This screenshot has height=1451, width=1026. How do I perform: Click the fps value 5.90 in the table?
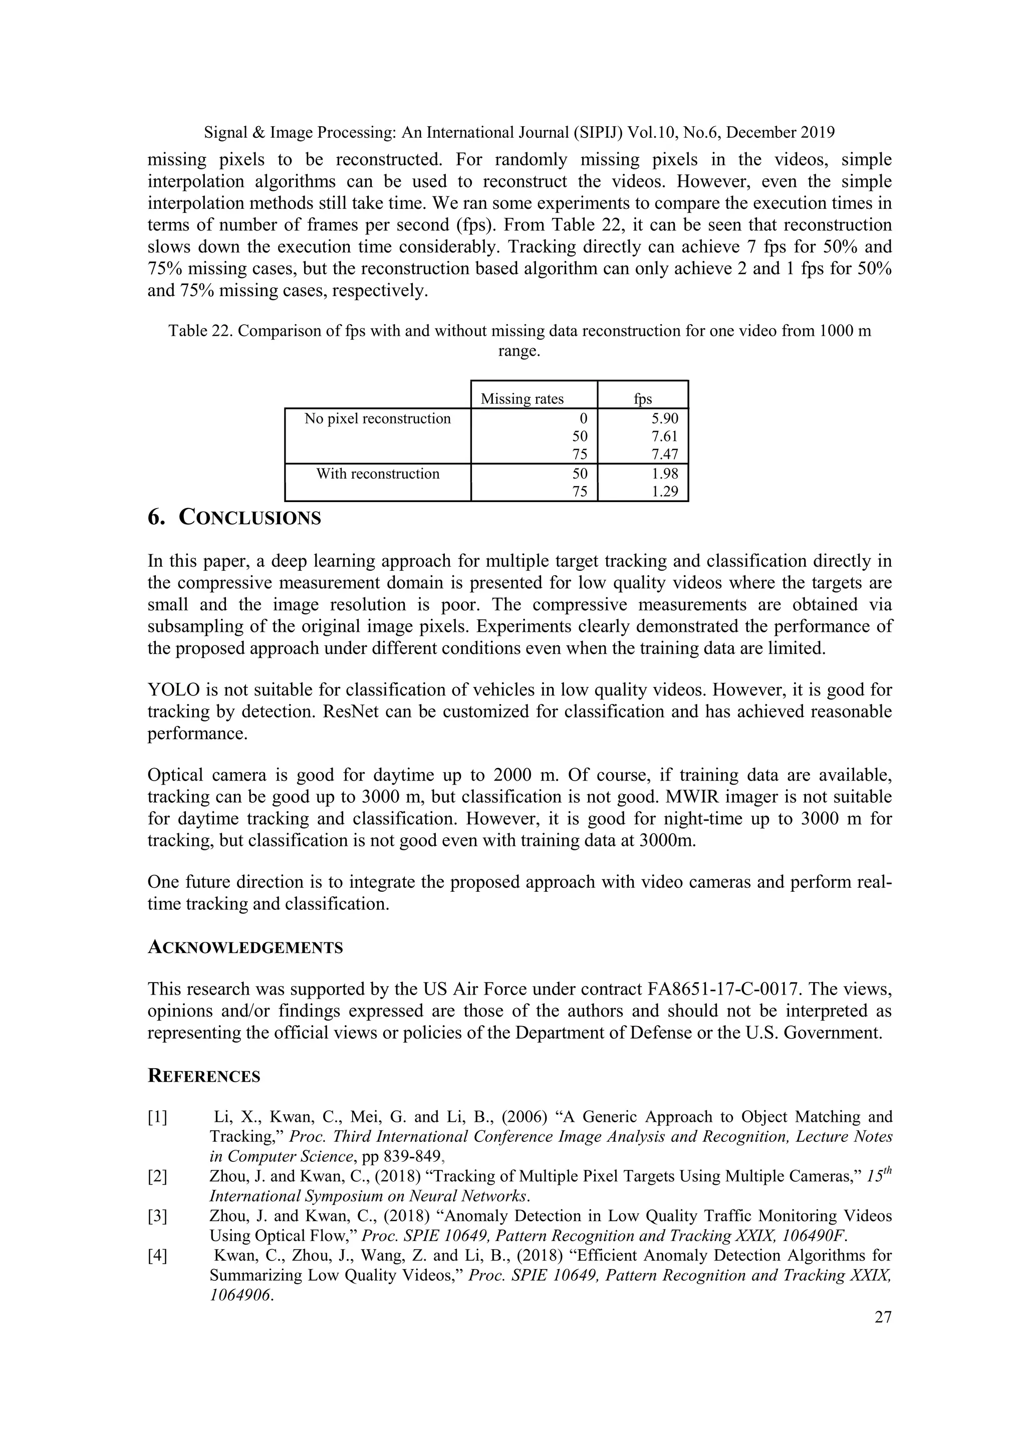(x=665, y=418)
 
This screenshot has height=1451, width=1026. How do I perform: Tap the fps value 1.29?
(x=665, y=492)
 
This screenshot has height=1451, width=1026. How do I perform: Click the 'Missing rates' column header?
(x=522, y=399)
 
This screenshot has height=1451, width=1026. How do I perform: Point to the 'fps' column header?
(x=643, y=399)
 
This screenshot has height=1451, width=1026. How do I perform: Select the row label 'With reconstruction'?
(x=378, y=474)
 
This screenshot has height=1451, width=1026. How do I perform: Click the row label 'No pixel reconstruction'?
(x=378, y=418)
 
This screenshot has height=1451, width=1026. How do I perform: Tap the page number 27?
(x=883, y=1317)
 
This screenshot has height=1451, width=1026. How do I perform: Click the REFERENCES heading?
(x=203, y=1077)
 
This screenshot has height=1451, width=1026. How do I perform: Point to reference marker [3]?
(x=157, y=1216)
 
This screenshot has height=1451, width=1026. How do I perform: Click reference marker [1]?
(x=157, y=1117)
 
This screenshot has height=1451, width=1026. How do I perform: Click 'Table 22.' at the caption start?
(x=200, y=331)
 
